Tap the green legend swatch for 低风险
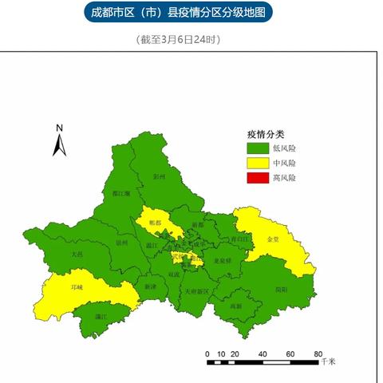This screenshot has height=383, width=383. click(x=257, y=148)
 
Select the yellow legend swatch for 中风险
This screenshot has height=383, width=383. click(x=257, y=163)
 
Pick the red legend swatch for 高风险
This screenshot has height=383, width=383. click(x=257, y=177)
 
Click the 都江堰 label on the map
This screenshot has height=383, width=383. click(x=121, y=194)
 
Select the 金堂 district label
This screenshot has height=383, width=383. click(x=274, y=239)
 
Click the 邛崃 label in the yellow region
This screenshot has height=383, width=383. click(x=77, y=286)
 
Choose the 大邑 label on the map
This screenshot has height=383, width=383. click(x=77, y=254)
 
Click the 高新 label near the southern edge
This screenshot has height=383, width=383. click(x=235, y=306)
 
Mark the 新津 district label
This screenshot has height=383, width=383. click(x=151, y=286)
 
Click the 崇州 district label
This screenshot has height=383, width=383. click(x=121, y=243)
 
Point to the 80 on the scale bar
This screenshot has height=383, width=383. click(x=318, y=353)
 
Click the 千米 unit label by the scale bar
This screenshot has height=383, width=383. click(x=328, y=362)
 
